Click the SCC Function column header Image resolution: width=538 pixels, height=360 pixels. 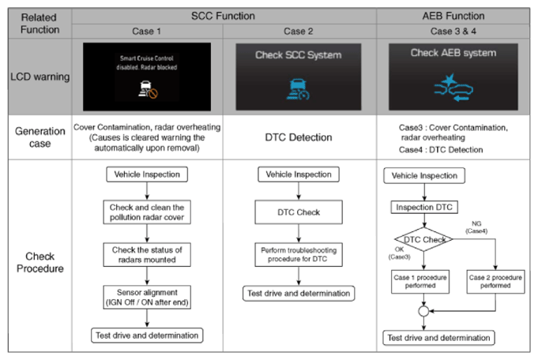tap(223, 16)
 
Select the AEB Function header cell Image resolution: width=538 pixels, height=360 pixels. tap(453, 16)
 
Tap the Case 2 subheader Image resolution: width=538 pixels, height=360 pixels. tap(298, 32)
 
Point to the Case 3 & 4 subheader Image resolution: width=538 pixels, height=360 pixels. tap(453, 32)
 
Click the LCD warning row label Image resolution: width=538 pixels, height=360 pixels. tap(40, 77)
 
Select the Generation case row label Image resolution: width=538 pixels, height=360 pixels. tap(40, 137)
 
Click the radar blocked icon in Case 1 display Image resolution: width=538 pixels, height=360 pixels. tap(148, 90)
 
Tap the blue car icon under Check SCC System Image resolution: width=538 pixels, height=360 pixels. tap(298, 89)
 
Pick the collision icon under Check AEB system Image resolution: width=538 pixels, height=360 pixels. tap(453, 88)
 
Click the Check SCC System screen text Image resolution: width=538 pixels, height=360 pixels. tap(298, 55)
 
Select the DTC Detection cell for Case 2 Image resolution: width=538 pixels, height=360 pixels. tap(299, 137)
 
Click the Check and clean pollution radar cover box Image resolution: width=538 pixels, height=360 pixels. tap(147, 212)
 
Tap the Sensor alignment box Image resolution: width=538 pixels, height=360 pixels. tap(147, 298)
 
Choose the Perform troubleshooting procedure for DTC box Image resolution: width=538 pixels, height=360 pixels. tap(299, 255)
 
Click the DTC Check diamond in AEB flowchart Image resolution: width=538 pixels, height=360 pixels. tap(424, 239)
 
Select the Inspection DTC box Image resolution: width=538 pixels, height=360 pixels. tap(424, 207)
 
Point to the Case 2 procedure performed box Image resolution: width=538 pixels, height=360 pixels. tap(495, 282)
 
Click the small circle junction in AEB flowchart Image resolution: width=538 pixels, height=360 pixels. tap(423, 311)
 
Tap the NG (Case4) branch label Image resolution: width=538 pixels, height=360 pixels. tap(476, 227)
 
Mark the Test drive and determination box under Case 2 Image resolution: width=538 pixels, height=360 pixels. tap(299, 294)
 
